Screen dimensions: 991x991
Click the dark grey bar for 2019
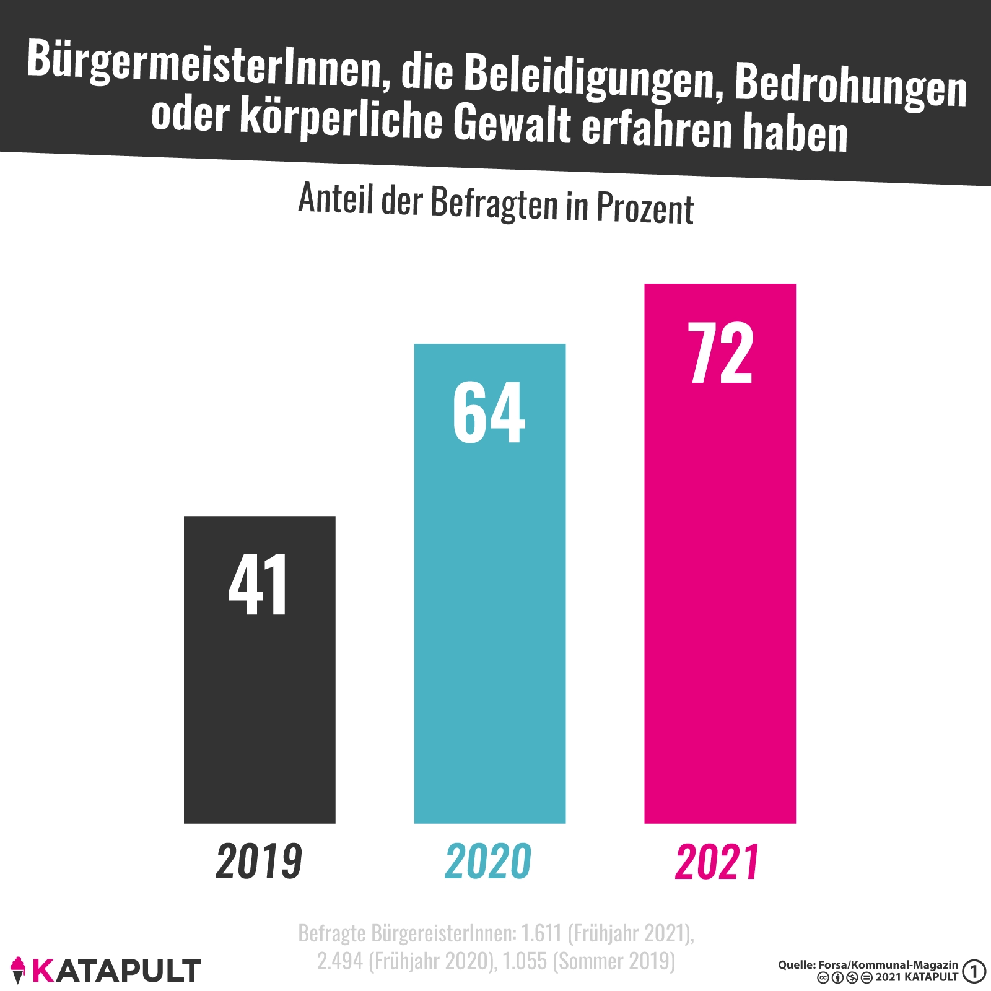point(260,712)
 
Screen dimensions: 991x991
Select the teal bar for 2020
point(489,619)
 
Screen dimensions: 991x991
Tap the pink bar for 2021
point(720,588)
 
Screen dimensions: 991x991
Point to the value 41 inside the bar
point(258,585)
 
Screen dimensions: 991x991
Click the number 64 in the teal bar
point(489,413)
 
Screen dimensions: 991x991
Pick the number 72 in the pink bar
point(720,354)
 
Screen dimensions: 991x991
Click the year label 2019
point(259,862)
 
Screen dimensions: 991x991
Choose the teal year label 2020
point(488,862)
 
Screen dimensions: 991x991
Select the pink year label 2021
point(717,862)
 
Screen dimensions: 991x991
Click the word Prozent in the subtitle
point(645,209)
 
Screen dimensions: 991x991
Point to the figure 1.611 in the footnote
point(543,933)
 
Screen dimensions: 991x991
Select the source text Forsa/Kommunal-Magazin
point(888,965)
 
